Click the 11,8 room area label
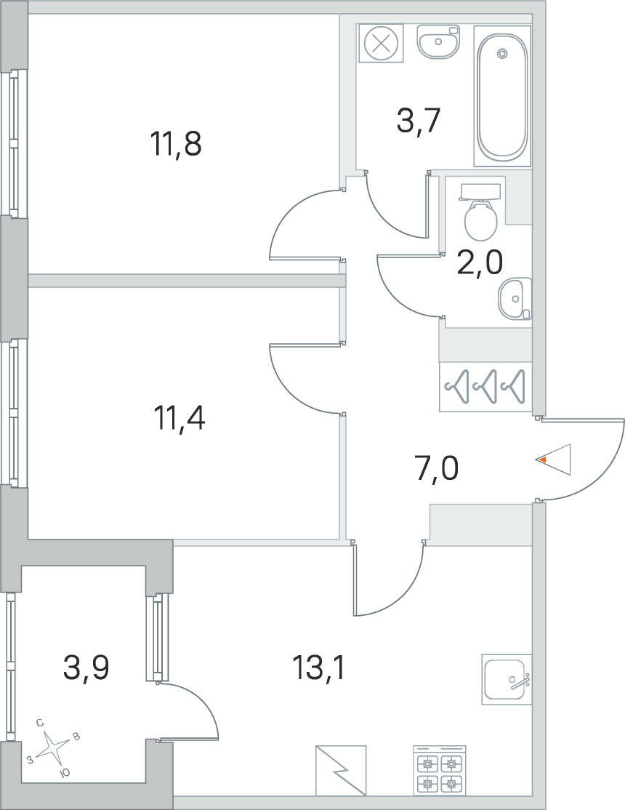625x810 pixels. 176,144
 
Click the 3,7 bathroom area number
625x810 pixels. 418,122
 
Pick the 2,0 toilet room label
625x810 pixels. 480,263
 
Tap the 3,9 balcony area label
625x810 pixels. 86,667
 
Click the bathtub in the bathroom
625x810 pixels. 502,97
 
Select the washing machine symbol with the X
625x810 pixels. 382,44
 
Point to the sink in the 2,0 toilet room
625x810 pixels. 515,298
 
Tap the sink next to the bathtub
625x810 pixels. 438,41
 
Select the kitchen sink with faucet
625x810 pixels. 507,679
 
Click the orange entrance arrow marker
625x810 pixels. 541,459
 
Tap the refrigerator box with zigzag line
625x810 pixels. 341,770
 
